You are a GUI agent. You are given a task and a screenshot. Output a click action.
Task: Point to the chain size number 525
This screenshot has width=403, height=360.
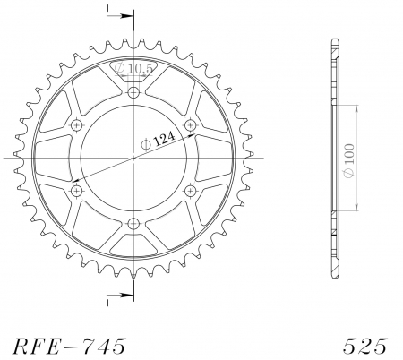pyautogui.click(x=364, y=343)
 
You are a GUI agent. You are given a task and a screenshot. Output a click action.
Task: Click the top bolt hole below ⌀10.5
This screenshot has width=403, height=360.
pyautogui.click(x=133, y=92)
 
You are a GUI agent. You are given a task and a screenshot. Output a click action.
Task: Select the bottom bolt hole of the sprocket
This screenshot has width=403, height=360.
pyautogui.click(x=133, y=223)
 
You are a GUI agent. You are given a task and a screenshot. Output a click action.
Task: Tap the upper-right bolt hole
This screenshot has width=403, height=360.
pyautogui.click(x=190, y=124)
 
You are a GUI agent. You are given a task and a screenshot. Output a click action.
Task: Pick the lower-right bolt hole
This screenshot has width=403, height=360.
pyautogui.click(x=190, y=191)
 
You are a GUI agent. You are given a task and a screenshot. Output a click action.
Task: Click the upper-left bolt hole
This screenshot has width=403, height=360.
pyautogui.click(x=77, y=124)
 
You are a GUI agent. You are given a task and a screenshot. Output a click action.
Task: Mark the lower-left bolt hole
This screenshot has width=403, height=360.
pyautogui.click(x=77, y=191)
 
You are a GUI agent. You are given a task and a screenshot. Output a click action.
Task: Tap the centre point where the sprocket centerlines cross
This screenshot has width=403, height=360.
pyautogui.click(x=133, y=158)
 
